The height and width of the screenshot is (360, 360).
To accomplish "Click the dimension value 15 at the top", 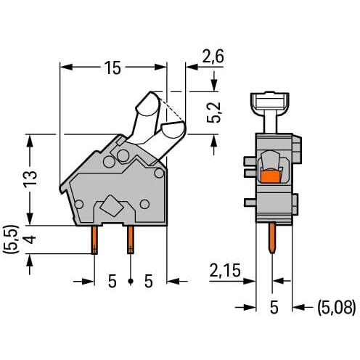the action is point(112,67).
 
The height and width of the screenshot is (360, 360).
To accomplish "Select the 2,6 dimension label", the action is point(213,57).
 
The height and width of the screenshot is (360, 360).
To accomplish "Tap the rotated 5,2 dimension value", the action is point(214,112).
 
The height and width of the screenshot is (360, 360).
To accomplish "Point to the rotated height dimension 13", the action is point(30,179).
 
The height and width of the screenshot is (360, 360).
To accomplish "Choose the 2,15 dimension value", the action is point(225,270).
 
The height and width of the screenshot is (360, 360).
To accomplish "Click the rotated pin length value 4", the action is point(30,240).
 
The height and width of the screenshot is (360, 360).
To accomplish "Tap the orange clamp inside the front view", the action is point(271,176).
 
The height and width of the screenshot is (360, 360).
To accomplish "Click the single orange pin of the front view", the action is point(272,238).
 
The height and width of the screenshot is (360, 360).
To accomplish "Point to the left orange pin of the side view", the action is point(94,240).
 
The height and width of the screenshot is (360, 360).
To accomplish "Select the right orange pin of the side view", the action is point(131,240).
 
